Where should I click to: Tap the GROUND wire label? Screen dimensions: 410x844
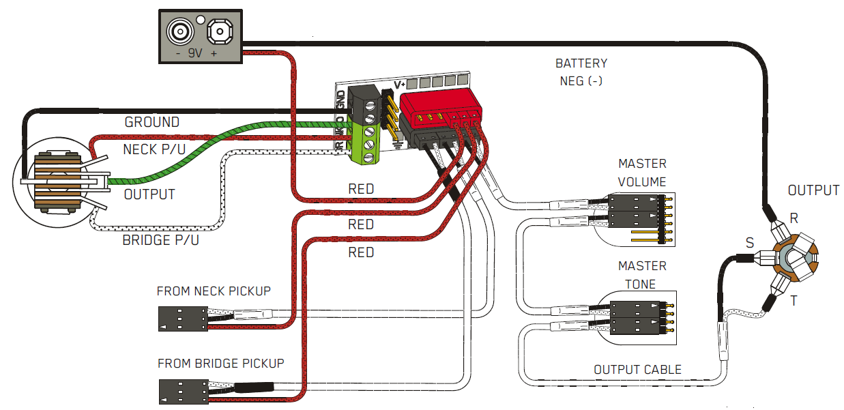151,123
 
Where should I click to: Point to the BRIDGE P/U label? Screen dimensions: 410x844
162,241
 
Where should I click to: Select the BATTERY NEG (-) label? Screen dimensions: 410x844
581,72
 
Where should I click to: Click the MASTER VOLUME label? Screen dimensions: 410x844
642,173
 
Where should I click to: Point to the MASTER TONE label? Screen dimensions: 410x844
642,274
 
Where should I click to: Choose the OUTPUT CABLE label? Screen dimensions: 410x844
637,370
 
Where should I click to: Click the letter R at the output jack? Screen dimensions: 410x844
794,218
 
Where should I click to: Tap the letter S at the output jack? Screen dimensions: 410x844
750,242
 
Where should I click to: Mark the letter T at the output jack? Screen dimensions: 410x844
794,301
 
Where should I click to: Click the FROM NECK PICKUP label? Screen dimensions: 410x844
214,291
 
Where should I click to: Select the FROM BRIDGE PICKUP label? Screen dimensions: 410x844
220,363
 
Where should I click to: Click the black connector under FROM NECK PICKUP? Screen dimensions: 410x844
182,319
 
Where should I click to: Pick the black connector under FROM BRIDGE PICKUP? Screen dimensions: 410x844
182,391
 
